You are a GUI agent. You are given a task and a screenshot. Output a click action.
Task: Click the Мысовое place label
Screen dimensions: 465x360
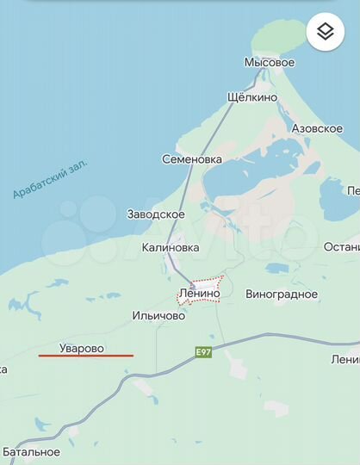tap(269, 63)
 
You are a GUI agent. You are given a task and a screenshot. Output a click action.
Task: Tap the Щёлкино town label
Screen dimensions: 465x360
tap(251, 97)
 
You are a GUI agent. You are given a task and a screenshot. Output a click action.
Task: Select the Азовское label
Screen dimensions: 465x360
tap(316, 128)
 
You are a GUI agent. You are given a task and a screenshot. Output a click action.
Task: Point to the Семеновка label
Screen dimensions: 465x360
tap(192, 159)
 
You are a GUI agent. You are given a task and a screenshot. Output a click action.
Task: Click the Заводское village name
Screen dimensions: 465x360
tap(156, 214)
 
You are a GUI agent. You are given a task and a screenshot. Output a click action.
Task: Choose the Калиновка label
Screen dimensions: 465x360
tap(171, 247)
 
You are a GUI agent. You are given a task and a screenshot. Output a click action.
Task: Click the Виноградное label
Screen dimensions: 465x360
tap(282, 294)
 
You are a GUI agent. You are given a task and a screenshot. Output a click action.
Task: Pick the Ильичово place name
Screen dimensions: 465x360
tap(159, 316)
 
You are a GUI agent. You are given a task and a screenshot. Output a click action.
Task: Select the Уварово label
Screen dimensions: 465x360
tap(82, 348)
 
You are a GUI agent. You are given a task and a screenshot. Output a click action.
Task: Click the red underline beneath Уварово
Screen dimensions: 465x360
tap(86, 356)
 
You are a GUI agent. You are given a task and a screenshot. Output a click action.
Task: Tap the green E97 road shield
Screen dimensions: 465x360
tap(202, 352)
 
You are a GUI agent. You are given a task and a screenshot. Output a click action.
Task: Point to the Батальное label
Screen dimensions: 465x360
tap(31, 451)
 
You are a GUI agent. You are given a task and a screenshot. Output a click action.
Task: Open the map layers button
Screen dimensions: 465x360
tap(325, 33)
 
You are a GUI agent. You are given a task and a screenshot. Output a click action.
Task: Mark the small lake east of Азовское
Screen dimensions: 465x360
tap(331, 189)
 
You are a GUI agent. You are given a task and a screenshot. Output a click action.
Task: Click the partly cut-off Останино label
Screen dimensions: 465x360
tap(341, 247)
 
